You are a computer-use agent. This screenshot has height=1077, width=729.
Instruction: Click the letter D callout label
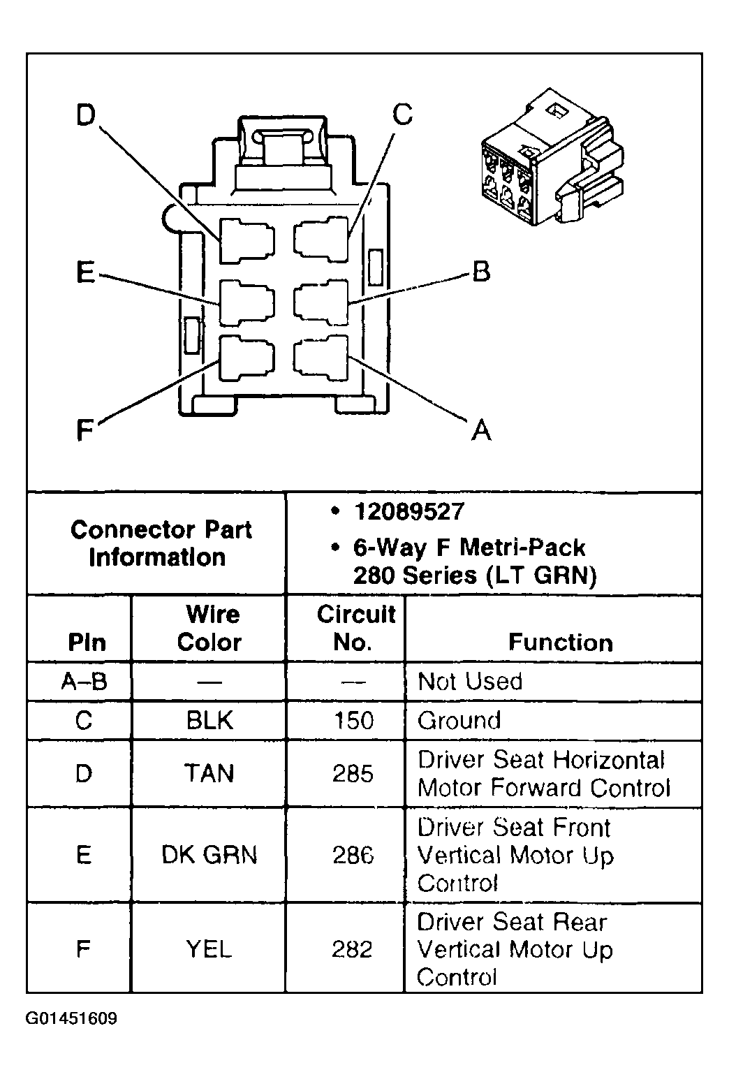84,116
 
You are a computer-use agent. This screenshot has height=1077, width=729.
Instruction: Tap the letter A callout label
481,429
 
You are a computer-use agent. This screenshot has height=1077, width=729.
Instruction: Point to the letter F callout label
84,430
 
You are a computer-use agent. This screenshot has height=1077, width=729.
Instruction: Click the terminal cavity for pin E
246,302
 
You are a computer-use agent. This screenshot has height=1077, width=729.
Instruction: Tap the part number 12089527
409,511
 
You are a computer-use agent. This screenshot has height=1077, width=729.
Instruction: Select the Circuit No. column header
355,628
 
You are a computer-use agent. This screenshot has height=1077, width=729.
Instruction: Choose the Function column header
560,642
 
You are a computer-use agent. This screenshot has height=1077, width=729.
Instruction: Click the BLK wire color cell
209,720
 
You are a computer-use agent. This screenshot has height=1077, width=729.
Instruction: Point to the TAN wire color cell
209,773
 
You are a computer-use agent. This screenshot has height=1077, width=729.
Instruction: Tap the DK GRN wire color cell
209,854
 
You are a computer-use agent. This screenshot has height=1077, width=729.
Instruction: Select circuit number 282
353,949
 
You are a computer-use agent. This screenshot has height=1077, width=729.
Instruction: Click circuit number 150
353,720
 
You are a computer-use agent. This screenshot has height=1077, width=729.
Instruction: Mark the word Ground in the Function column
459,720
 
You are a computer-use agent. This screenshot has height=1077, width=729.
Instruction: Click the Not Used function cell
470,681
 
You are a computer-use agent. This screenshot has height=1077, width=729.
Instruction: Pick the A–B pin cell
84,681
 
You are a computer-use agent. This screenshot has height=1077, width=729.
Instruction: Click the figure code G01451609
72,1018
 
